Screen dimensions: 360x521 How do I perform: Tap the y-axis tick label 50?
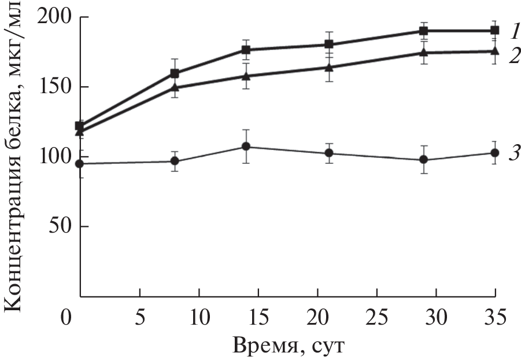(60, 226)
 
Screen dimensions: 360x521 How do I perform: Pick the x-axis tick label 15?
(258, 318)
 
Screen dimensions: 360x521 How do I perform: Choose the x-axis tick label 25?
(376, 318)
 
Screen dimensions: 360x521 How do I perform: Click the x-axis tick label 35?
(495, 318)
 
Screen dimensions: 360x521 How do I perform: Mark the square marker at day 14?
(246, 50)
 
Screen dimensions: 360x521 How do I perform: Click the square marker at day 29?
(424, 31)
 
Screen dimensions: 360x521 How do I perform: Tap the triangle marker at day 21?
(329, 67)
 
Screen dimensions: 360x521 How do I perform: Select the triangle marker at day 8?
(174, 88)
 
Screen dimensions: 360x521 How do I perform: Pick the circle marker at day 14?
(246, 146)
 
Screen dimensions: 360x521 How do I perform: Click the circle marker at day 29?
(424, 160)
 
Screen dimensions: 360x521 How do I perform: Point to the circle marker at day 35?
(495, 153)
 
